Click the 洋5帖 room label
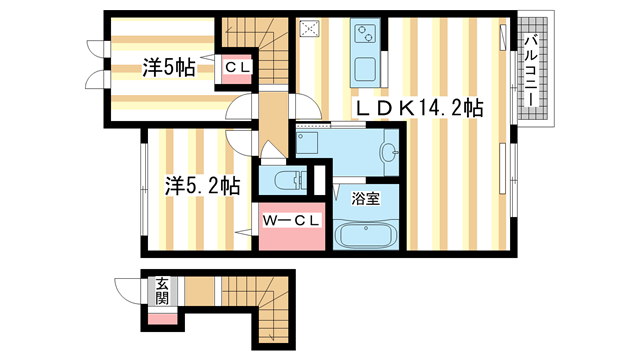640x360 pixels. point(167,68)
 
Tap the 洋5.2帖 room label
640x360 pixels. point(203,185)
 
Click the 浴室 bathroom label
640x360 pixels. point(365,199)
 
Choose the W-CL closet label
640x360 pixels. point(289,220)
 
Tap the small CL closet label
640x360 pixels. point(238,68)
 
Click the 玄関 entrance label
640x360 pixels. point(161,291)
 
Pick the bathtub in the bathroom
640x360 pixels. point(365,236)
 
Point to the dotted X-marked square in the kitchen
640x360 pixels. point(310,29)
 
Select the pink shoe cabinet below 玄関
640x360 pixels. point(161,318)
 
